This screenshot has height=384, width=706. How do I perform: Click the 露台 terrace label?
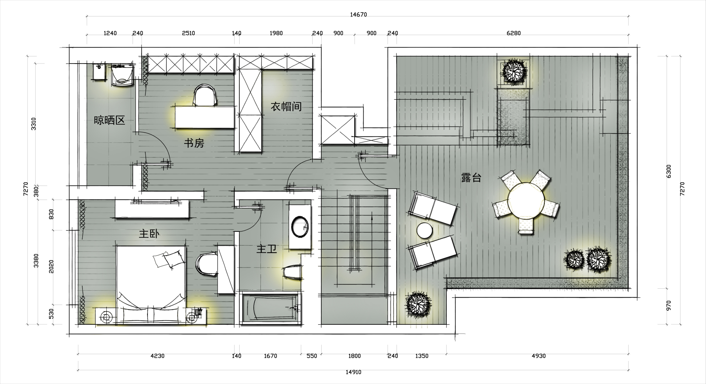coord(471,178)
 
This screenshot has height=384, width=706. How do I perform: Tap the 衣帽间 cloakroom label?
coord(286,106)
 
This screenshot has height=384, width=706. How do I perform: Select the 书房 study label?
coord(194,143)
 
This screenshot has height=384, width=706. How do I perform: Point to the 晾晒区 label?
coord(109,120)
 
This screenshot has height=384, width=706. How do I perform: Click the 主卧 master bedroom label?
coord(149,234)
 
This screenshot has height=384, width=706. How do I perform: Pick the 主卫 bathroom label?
coord(267,249)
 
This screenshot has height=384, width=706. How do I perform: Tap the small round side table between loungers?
coord(424,231)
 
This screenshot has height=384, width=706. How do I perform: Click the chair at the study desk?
coord(205,95)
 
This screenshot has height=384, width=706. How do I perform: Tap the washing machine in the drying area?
coord(122,75)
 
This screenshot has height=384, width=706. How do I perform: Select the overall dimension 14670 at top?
coord(358,15)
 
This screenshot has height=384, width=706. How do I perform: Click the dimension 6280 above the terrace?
coord(513,33)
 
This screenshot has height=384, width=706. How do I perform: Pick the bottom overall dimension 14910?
coord(353,372)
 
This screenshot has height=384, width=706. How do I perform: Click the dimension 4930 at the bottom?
coord(539,356)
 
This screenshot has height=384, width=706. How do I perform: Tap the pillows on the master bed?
coord(169,259)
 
